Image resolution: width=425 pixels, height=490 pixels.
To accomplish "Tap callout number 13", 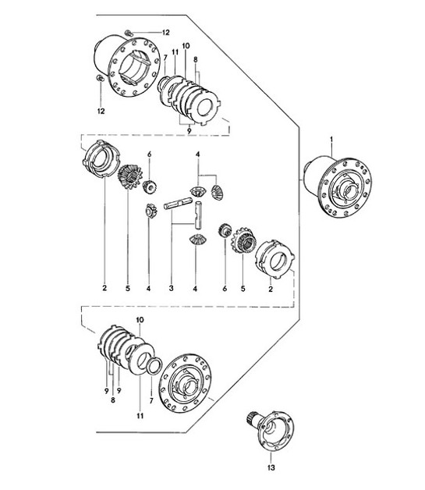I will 271,467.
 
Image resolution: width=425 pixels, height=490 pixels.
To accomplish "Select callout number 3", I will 170,289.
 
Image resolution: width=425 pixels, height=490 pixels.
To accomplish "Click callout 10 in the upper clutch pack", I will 186,47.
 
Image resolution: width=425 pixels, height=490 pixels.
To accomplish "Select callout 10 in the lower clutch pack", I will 140,321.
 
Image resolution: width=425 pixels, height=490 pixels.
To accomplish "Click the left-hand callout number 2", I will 104,289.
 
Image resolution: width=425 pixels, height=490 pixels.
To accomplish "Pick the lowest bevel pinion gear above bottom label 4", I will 197,240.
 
